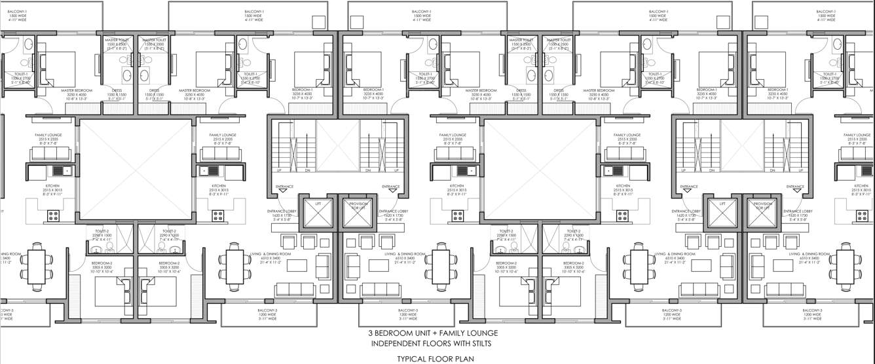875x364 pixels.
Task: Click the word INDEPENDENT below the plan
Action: point(392,344)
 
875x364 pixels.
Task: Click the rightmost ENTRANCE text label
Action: point(795,187)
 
